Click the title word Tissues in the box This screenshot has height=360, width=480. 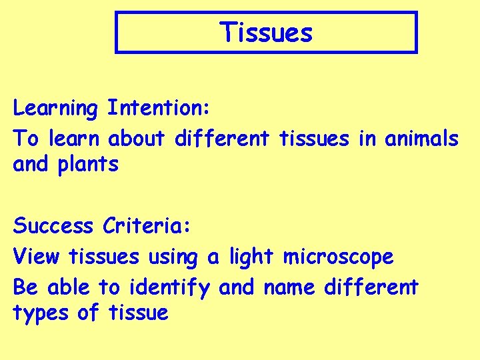pyautogui.click(x=266, y=31)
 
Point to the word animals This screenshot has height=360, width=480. pyautogui.click(x=421, y=139)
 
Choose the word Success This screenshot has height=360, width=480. pyautogui.click(x=53, y=226)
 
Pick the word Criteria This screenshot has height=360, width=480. pyautogui.click(x=147, y=226)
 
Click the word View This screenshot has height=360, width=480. pyautogui.click(x=37, y=256)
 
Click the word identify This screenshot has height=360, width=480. pyautogui.click(x=170, y=288)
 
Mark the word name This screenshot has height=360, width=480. pyautogui.click(x=291, y=288)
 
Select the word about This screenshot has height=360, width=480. pyautogui.click(x=137, y=139)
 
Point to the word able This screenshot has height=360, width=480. pyautogui.click(x=69, y=287)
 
